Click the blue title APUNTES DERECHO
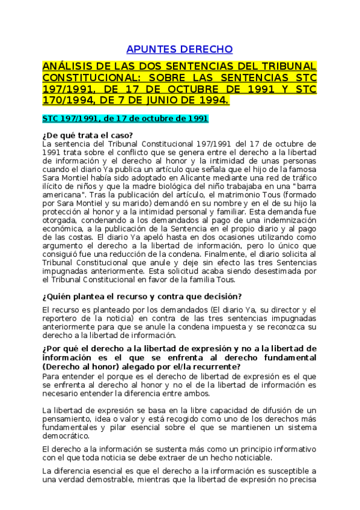coord(179,49)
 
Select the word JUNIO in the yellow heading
coord(165,99)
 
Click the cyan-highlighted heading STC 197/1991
coord(125,118)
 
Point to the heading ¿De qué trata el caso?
coord(88,135)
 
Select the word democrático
coord(66,435)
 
